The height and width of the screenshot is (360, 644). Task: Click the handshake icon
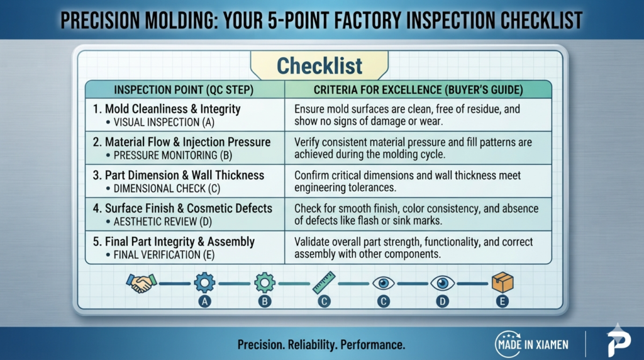pyautogui.click(x=142, y=283)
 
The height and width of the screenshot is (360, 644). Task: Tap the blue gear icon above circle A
pyautogui.click(x=204, y=283)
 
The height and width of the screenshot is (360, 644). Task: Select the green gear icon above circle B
pyautogui.click(x=265, y=283)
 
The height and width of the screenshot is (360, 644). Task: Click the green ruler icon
pyautogui.click(x=324, y=283)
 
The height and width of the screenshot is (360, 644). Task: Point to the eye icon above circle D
pyautogui.click(x=442, y=283)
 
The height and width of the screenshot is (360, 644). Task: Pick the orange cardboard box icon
pyautogui.click(x=502, y=283)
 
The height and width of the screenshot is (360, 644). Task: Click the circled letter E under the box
pyautogui.click(x=502, y=301)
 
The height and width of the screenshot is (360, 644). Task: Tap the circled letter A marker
pyautogui.click(x=204, y=301)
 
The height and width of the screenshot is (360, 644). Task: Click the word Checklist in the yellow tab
pyautogui.click(x=319, y=65)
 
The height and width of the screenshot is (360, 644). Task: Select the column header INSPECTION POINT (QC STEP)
pyautogui.click(x=184, y=89)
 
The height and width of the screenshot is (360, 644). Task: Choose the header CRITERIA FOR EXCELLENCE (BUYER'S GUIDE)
pyautogui.click(x=418, y=89)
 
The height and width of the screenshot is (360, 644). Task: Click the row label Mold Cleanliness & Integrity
pyautogui.click(x=172, y=109)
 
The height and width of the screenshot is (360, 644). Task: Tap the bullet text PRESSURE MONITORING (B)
pyautogui.click(x=172, y=155)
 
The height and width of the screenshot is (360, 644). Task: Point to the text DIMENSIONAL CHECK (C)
pyautogui.click(x=167, y=189)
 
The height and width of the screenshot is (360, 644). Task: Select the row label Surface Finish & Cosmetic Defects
pyautogui.click(x=189, y=208)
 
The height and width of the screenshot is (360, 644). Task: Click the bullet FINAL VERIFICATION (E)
pyautogui.click(x=164, y=255)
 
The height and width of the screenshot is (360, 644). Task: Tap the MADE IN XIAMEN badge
pyautogui.click(x=532, y=344)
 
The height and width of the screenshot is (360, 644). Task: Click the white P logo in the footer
pyautogui.click(x=619, y=340)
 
